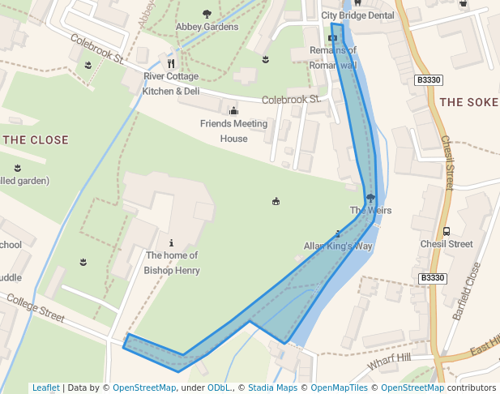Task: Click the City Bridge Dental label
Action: (357, 15)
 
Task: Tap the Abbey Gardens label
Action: (207, 27)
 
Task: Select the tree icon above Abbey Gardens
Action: (207, 14)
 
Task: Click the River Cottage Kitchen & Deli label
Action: (171, 84)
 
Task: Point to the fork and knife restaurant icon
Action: (171, 63)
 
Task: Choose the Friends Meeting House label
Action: (233, 131)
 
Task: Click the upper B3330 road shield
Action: (428, 79)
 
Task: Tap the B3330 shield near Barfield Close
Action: (433, 278)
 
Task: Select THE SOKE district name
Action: (469, 102)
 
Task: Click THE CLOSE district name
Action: (36, 139)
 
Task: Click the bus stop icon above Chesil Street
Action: (447, 231)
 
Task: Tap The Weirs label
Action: (370, 211)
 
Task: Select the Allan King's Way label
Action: (337, 246)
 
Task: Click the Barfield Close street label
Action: (468, 290)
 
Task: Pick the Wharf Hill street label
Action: (389, 362)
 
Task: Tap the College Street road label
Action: (35, 309)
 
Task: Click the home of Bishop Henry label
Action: (171, 263)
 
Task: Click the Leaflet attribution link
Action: (46, 388)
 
